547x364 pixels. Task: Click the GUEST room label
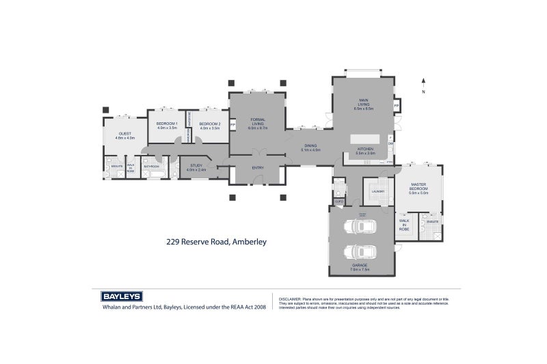125,133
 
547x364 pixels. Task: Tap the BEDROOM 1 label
167,124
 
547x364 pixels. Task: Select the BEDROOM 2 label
209,124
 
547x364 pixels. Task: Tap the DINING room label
311,145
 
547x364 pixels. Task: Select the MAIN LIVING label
363,102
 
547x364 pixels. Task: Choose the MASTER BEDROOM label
418,186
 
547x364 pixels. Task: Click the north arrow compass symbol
424,84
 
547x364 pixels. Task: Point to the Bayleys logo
122,296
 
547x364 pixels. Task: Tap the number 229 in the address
174,241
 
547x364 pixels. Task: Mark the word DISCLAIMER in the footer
291,298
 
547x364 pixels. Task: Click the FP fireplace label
397,105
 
